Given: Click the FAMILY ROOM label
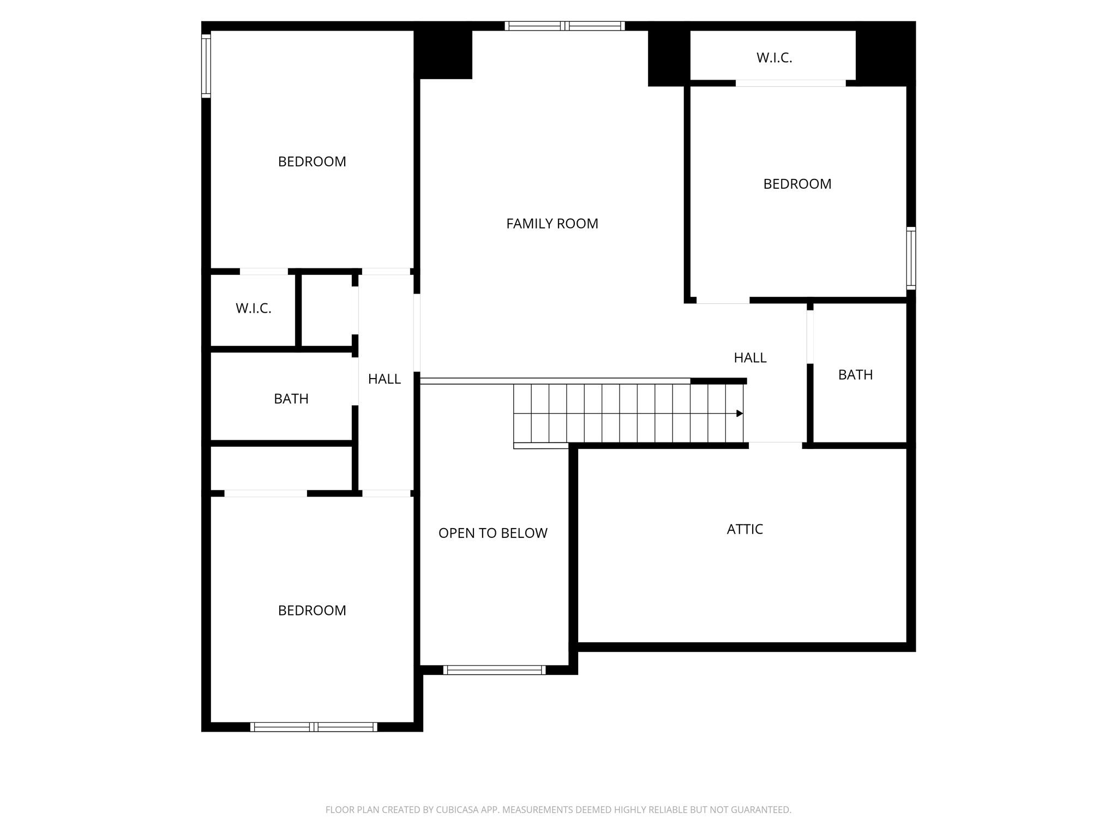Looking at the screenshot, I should pos(552,224).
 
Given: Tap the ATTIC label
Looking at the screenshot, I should pos(744,529).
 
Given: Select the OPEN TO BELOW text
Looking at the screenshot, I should pos(493,533).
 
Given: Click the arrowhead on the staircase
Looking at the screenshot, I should pos(740,414).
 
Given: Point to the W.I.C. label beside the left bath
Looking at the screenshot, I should pos(253,308).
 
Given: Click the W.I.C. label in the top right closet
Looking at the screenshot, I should pos(774,58).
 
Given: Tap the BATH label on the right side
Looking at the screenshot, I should pos(855,375).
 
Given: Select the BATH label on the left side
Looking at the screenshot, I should pos(291,399).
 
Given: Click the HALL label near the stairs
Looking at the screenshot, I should pos(750,358).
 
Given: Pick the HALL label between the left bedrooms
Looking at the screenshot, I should pos(384,379).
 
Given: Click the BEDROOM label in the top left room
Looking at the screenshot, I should pos(312,161).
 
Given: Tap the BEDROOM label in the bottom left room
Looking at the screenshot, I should pos(312,610).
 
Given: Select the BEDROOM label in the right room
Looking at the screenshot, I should pos(797,184).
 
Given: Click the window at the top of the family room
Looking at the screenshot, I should pos(564,26).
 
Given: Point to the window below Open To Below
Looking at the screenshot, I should pos(494,670).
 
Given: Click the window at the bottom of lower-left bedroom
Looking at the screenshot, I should pos(314,727).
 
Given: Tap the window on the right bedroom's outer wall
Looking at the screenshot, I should pos(911,258).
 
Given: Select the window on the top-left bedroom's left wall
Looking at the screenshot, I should pos(206,66).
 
